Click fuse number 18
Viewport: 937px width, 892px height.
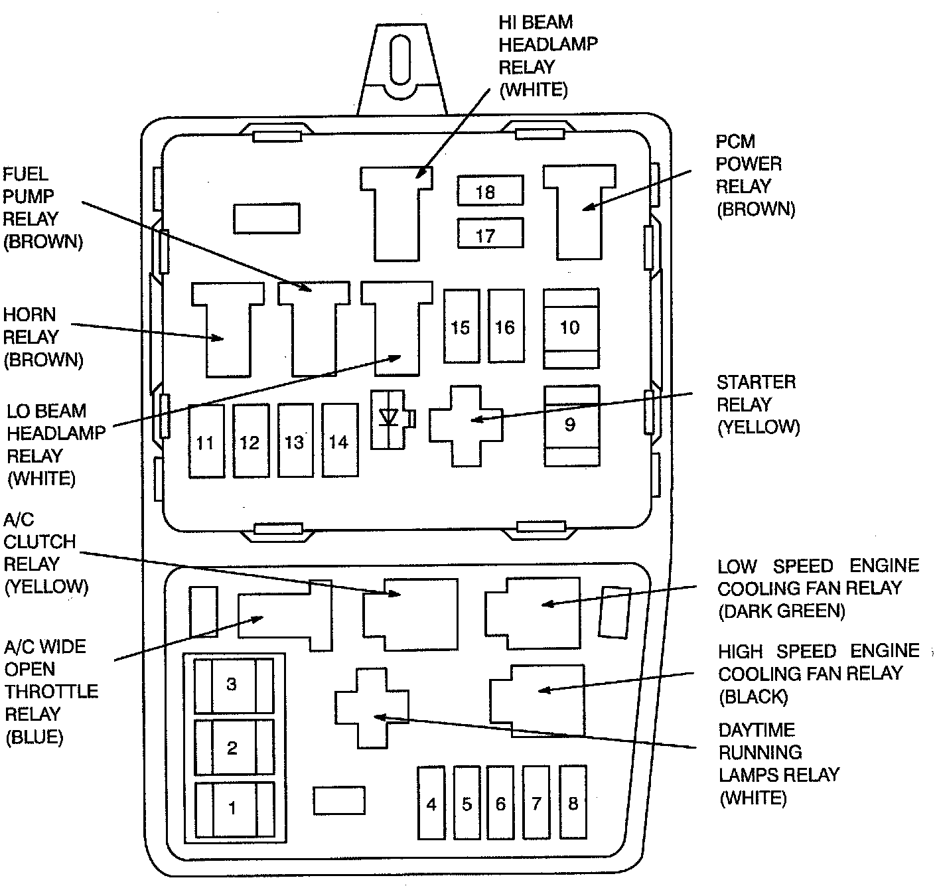pyautogui.click(x=490, y=191)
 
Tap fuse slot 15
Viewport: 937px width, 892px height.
pyautogui.click(x=461, y=326)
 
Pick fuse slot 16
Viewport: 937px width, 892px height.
pyautogui.click(x=506, y=326)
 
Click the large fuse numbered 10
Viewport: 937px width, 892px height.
pyautogui.click(x=571, y=327)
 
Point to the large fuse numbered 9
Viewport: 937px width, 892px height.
pyautogui.click(x=571, y=425)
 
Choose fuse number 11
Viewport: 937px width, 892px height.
pyautogui.click(x=206, y=441)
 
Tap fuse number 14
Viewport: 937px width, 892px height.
pyautogui.click(x=340, y=441)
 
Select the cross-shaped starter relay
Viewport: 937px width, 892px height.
pyautogui.click(x=465, y=425)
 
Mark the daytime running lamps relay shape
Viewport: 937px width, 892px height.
pyautogui.click(x=371, y=707)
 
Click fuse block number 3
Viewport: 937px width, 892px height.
pyautogui.click(x=233, y=684)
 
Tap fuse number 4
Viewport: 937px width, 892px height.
pyautogui.click(x=431, y=802)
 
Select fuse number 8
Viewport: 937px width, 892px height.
pyautogui.click(x=573, y=802)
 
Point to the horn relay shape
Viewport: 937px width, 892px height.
pyautogui.click(x=228, y=332)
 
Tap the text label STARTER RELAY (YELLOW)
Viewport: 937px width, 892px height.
pyautogui.click(x=757, y=404)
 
